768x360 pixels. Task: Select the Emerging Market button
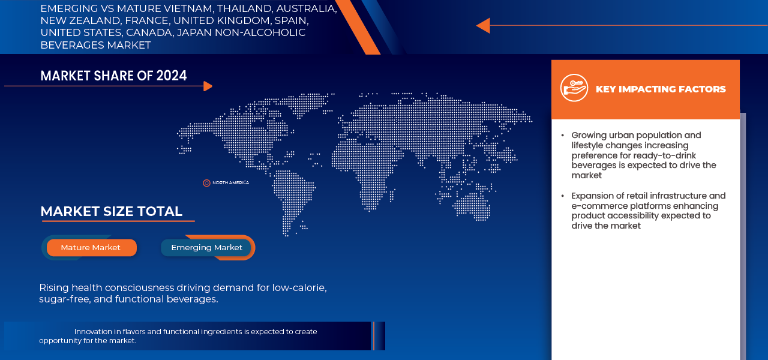coord(206,248)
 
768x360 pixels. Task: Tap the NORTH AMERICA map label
coord(231,183)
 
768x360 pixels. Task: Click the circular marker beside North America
coord(206,183)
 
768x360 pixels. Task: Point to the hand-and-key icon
coord(574,88)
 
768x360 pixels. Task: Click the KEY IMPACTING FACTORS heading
coord(661,89)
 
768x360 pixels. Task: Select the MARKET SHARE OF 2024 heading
coord(113,76)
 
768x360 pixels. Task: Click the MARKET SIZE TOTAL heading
coord(112,211)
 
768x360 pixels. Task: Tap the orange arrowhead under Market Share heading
coord(208,86)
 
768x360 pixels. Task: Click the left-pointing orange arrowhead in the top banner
coord(484,26)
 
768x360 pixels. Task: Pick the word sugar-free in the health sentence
coord(65,299)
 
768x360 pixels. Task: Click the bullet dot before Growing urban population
coord(563,136)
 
